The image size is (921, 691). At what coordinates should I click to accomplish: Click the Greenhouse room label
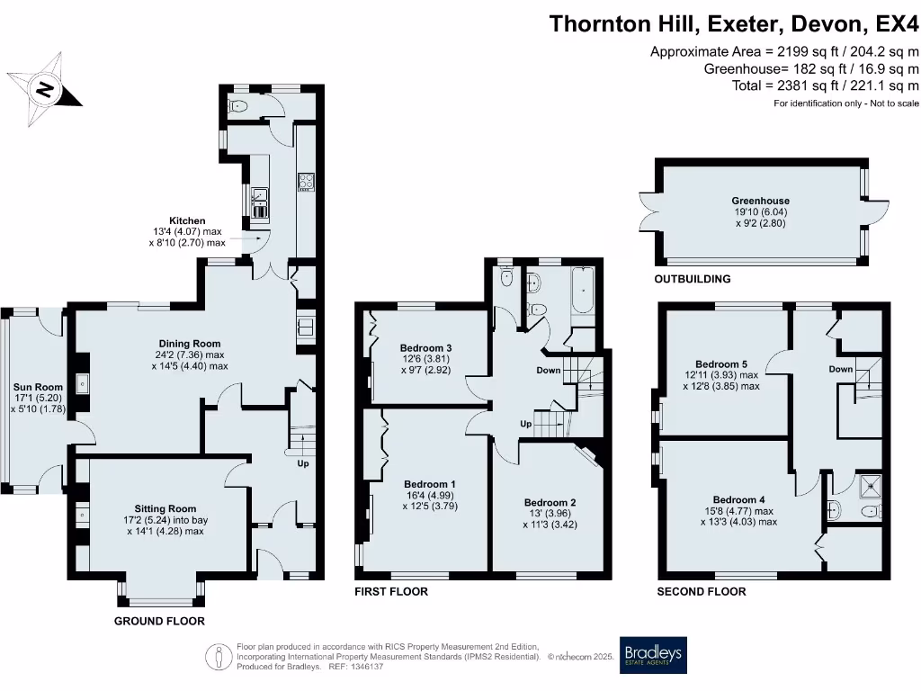click(760, 202)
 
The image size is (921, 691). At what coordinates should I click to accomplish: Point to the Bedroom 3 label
click(425, 348)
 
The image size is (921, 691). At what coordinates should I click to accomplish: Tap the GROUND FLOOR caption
click(159, 622)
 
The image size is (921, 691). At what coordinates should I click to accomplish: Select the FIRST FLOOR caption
click(391, 592)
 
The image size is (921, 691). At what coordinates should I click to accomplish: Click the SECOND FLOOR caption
click(702, 592)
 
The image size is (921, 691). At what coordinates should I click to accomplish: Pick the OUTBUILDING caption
click(692, 280)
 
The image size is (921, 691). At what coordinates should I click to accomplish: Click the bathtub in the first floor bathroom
click(584, 294)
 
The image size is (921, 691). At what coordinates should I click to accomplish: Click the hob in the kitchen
click(305, 183)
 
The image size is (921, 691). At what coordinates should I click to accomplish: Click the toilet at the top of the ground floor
click(238, 107)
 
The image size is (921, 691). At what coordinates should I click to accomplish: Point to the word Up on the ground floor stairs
click(303, 464)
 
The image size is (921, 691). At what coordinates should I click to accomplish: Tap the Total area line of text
click(826, 85)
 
